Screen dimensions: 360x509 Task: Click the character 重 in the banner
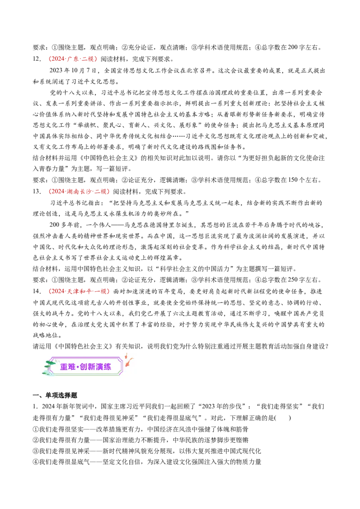click(64, 367)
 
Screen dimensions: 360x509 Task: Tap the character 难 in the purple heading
click(72, 367)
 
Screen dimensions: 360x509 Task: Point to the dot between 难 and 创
click(78, 367)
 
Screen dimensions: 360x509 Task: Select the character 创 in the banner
click(83, 367)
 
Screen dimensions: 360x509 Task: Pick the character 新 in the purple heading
click(91, 367)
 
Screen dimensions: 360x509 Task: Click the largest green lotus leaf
click(50, 362)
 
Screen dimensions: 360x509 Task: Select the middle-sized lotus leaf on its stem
click(47, 367)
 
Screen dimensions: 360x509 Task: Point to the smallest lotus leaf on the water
click(45, 373)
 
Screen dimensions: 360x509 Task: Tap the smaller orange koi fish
click(126, 356)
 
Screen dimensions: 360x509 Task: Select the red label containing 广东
click(74, 59)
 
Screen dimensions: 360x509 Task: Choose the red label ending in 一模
click(79, 291)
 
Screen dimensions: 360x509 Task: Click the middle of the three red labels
click(79, 192)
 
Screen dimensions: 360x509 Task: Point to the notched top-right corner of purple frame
click(121, 359)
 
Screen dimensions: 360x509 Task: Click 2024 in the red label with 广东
click(56, 59)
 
